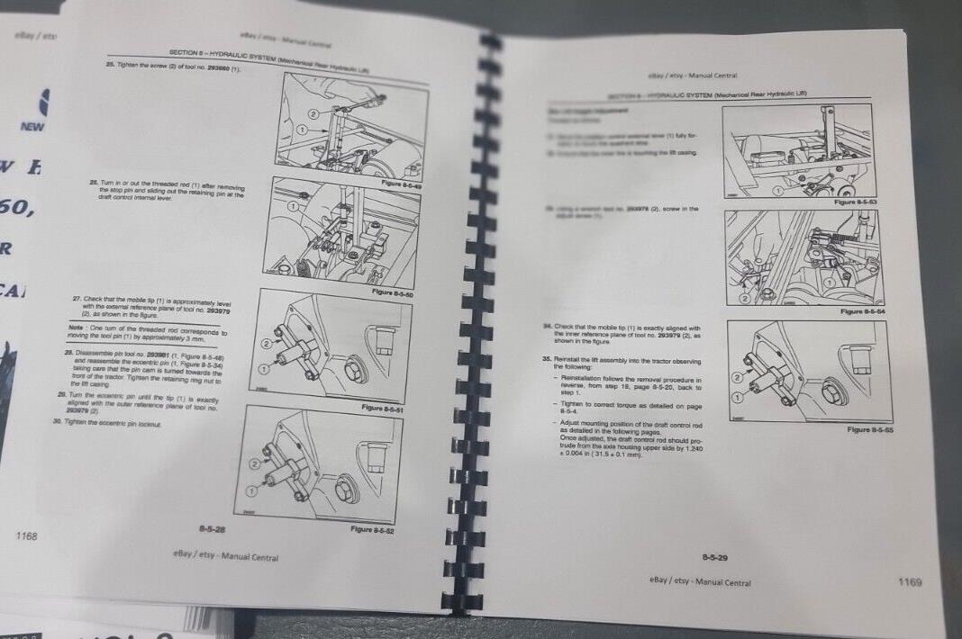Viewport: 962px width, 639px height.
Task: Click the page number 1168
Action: click(27, 536)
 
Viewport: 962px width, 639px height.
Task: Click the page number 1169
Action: click(910, 582)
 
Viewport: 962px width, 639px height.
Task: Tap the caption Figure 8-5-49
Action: click(401, 184)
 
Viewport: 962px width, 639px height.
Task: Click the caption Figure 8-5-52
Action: click(374, 529)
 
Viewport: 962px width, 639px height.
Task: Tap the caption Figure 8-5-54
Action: click(862, 311)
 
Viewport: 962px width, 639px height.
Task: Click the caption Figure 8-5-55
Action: click(870, 430)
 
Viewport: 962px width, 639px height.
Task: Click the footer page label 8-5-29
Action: click(715, 558)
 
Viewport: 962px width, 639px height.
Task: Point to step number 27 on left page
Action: click(76, 298)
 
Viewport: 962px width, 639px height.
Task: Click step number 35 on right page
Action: click(547, 358)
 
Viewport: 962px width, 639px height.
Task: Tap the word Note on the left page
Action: click(77, 328)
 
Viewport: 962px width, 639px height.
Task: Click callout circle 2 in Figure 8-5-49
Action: click(313, 114)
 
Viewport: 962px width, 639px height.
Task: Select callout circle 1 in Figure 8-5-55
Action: click(739, 396)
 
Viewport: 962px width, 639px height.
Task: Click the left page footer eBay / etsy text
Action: click(225, 556)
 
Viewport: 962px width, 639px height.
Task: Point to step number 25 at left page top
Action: click(110, 66)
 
